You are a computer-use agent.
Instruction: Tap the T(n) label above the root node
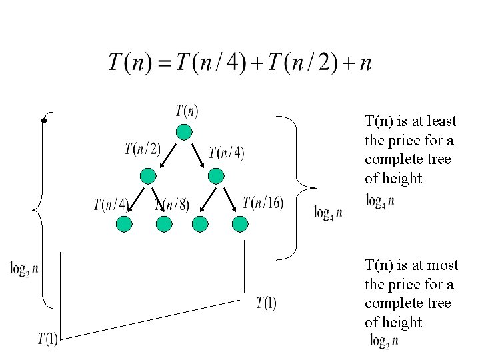187,111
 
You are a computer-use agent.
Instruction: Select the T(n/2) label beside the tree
143,148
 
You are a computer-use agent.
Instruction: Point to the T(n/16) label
263,203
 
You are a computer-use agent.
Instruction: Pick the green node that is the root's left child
148,175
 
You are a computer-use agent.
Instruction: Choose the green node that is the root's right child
215,175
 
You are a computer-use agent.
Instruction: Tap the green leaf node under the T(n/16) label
239,224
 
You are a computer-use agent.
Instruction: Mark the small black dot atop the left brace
43,121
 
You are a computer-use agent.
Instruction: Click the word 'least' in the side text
440,121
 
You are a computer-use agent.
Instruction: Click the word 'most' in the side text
443,265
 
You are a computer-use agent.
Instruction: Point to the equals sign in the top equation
165,63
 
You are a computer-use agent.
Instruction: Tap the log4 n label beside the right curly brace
327,213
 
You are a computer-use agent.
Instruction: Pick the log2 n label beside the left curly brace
24,269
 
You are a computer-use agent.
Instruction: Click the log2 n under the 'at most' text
384,341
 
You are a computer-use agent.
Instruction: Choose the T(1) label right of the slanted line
266,303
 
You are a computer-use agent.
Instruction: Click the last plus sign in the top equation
347,63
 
